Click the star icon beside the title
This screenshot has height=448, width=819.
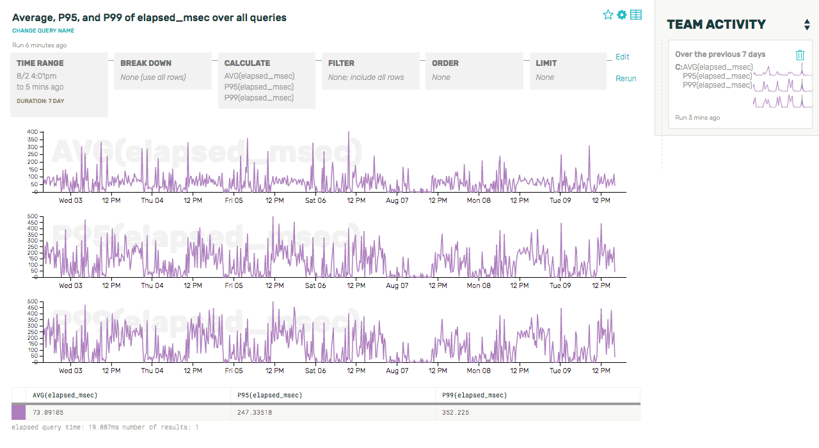[608, 15]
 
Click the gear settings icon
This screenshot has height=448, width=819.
[622, 15]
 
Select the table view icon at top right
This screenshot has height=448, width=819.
[636, 15]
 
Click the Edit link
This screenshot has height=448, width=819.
[622, 57]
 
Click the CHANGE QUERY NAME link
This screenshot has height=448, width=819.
[43, 31]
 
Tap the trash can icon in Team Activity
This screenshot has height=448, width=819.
[800, 55]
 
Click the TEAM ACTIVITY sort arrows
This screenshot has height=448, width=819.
[807, 25]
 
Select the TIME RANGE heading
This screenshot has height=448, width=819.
[40, 63]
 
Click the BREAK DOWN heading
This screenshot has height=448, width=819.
[146, 63]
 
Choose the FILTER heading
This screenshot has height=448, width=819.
[342, 63]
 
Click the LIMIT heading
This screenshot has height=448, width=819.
[546, 63]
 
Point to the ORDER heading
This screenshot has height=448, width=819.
[445, 63]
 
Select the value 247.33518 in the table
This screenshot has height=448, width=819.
[254, 413]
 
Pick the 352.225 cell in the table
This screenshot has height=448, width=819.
[456, 413]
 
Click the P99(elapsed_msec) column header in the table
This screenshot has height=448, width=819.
[474, 396]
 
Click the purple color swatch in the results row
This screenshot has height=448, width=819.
[19, 413]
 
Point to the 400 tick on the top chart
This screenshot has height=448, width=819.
[32, 132]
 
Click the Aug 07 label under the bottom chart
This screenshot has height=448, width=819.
[397, 371]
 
